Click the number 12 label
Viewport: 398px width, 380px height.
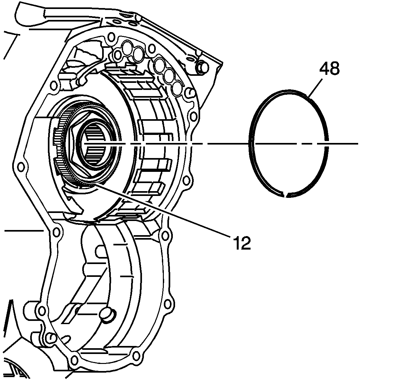pos(242,243)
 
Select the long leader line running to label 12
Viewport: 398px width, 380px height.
pos(161,209)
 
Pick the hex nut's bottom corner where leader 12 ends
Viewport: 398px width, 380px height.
pos(91,182)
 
